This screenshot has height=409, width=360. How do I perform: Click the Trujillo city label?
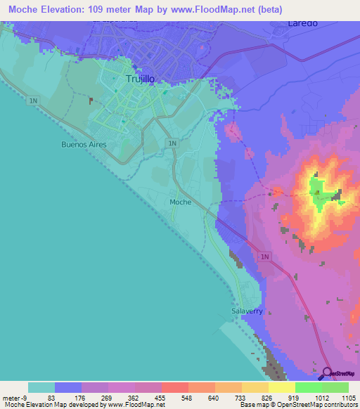click(x=139, y=79)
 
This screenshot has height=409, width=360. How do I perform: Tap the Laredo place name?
click(x=302, y=22)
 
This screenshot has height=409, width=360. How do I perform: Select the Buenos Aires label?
click(x=82, y=143)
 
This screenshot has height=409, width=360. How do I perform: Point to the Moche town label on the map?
click(x=180, y=202)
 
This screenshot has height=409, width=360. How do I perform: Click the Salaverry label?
click(x=246, y=310)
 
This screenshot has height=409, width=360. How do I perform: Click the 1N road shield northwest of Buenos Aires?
click(x=34, y=101)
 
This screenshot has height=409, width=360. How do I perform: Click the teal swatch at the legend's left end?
click(x=41, y=387)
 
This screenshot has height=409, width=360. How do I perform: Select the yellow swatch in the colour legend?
click(x=281, y=387)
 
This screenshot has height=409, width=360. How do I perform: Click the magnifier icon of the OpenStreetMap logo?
click(x=327, y=372)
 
